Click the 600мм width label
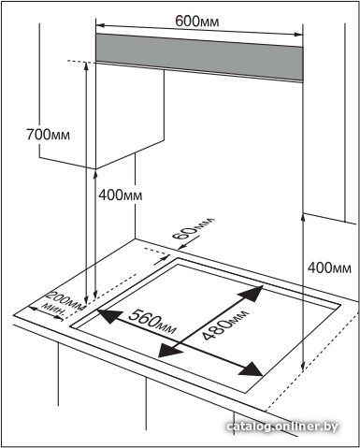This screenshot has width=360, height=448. (x=196, y=22)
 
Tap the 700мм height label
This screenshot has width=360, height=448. (x=48, y=135)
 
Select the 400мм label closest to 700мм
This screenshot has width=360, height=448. (x=121, y=195)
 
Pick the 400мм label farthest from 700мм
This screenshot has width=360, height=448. (x=329, y=267)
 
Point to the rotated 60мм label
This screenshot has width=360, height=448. (x=194, y=228)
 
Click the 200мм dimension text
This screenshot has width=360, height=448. (x=65, y=301)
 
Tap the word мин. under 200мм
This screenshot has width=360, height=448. (x=53, y=310)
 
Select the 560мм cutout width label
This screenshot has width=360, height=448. (x=152, y=321)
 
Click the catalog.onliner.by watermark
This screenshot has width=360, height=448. (x=282, y=426)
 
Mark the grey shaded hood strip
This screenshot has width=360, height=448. (x=199, y=57)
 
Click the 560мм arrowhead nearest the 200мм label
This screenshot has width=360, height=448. (x=108, y=316)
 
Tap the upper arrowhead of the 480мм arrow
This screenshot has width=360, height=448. (x=252, y=294)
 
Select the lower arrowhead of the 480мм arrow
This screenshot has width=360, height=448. (x=169, y=350)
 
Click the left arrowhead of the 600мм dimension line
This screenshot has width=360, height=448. (x=100, y=25)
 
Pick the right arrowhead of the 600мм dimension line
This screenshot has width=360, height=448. (x=298, y=35)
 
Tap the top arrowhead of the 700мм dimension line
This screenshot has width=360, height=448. (x=86, y=66)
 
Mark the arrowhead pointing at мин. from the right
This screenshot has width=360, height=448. (x=59, y=317)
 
